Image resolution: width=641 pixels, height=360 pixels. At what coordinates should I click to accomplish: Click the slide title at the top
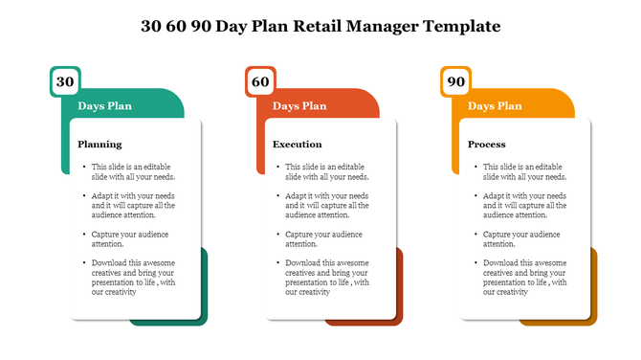tap(320, 26)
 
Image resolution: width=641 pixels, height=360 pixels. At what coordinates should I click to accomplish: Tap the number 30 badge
tap(64, 82)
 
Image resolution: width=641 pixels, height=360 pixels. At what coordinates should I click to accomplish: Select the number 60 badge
tap(260, 82)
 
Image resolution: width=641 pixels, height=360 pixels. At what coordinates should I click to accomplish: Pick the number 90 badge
tap(456, 82)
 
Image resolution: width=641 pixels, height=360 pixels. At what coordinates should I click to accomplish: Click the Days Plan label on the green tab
tap(104, 106)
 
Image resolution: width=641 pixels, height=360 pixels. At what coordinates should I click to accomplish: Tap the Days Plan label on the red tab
tap(299, 106)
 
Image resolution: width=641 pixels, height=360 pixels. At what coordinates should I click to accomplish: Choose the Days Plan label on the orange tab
tap(495, 106)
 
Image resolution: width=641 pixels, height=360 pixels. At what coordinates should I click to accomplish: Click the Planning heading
tap(99, 145)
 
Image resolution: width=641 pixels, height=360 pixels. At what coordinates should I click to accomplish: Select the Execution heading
tap(298, 145)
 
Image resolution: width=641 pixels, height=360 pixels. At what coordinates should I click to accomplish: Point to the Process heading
tap(487, 145)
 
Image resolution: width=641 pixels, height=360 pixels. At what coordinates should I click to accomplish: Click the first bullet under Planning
tap(133, 171)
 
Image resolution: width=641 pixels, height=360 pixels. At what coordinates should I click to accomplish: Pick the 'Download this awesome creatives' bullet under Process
tap(524, 277)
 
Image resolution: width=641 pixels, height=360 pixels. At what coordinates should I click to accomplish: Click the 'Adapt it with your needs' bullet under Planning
tap(133, 205)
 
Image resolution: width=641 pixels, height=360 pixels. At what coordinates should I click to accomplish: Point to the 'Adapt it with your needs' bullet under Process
tap(524, 205)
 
